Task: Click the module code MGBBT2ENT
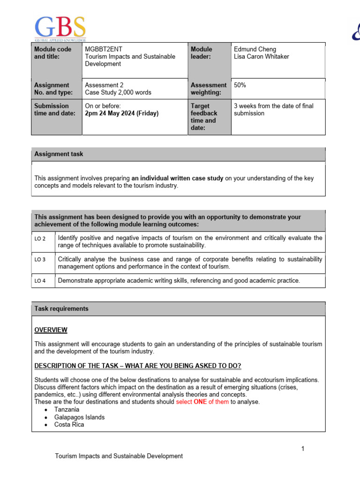[x=103, y=49]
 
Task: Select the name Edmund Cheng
[x=255, y=49]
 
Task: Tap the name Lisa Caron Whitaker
[x=261, y=57]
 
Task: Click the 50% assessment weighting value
[x=240, y=85]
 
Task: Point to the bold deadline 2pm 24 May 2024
[x=122, y=113]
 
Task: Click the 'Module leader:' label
[x=202, y=53]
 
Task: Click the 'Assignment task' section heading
[x=59, y=154]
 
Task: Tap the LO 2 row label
[x=40, y=239]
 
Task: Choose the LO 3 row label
[x=40, y=259]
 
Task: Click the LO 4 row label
[x=40, y=281]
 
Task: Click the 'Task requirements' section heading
[x=61, y=309]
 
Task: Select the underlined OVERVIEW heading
[x=51, y=330]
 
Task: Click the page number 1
[x=303, y=449]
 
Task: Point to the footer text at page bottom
[x=119, y=456]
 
